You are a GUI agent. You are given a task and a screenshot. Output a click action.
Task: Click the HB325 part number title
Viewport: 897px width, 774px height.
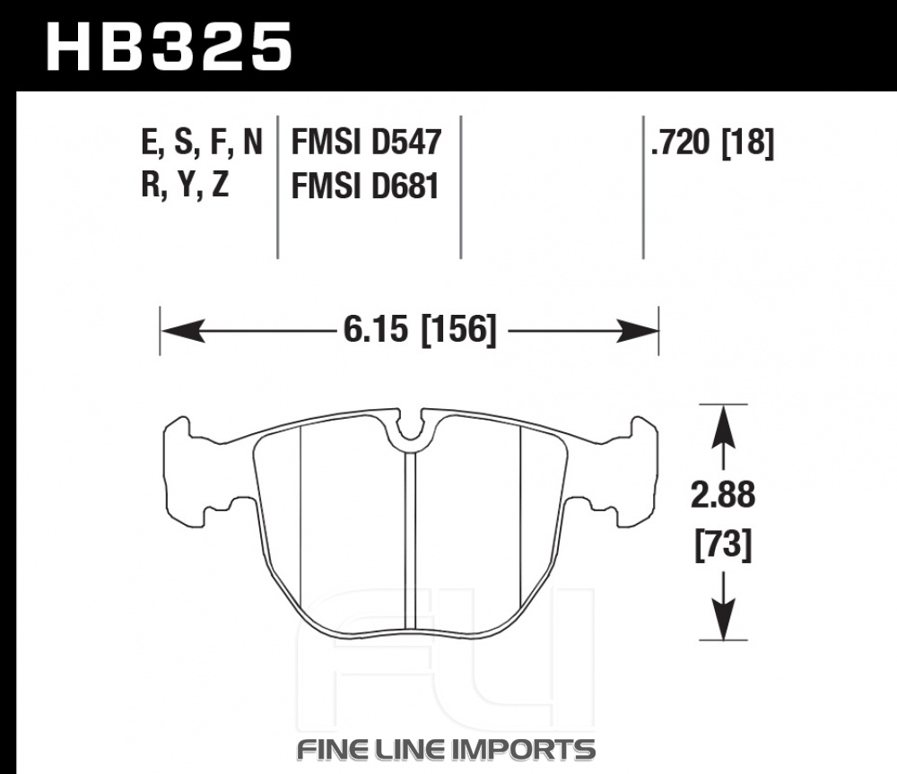(170, 47)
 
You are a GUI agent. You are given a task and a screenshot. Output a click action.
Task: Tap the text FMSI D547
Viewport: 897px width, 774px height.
(366, 142)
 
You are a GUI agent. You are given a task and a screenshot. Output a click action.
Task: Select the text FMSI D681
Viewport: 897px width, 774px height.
(365, 186)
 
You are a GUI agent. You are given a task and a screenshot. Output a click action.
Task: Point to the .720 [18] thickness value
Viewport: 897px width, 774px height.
(712, 142)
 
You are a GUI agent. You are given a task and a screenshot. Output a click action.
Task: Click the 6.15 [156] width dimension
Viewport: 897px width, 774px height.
(419, 330)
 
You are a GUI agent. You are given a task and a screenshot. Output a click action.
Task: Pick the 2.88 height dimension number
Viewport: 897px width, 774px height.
(723, 495)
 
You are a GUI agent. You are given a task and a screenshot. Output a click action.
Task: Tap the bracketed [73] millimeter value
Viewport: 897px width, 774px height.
(723, 544)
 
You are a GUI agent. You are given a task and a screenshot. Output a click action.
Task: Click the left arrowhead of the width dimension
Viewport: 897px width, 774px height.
(183, 331)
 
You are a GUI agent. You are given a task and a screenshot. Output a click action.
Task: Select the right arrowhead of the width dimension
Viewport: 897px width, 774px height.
(637, 331)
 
